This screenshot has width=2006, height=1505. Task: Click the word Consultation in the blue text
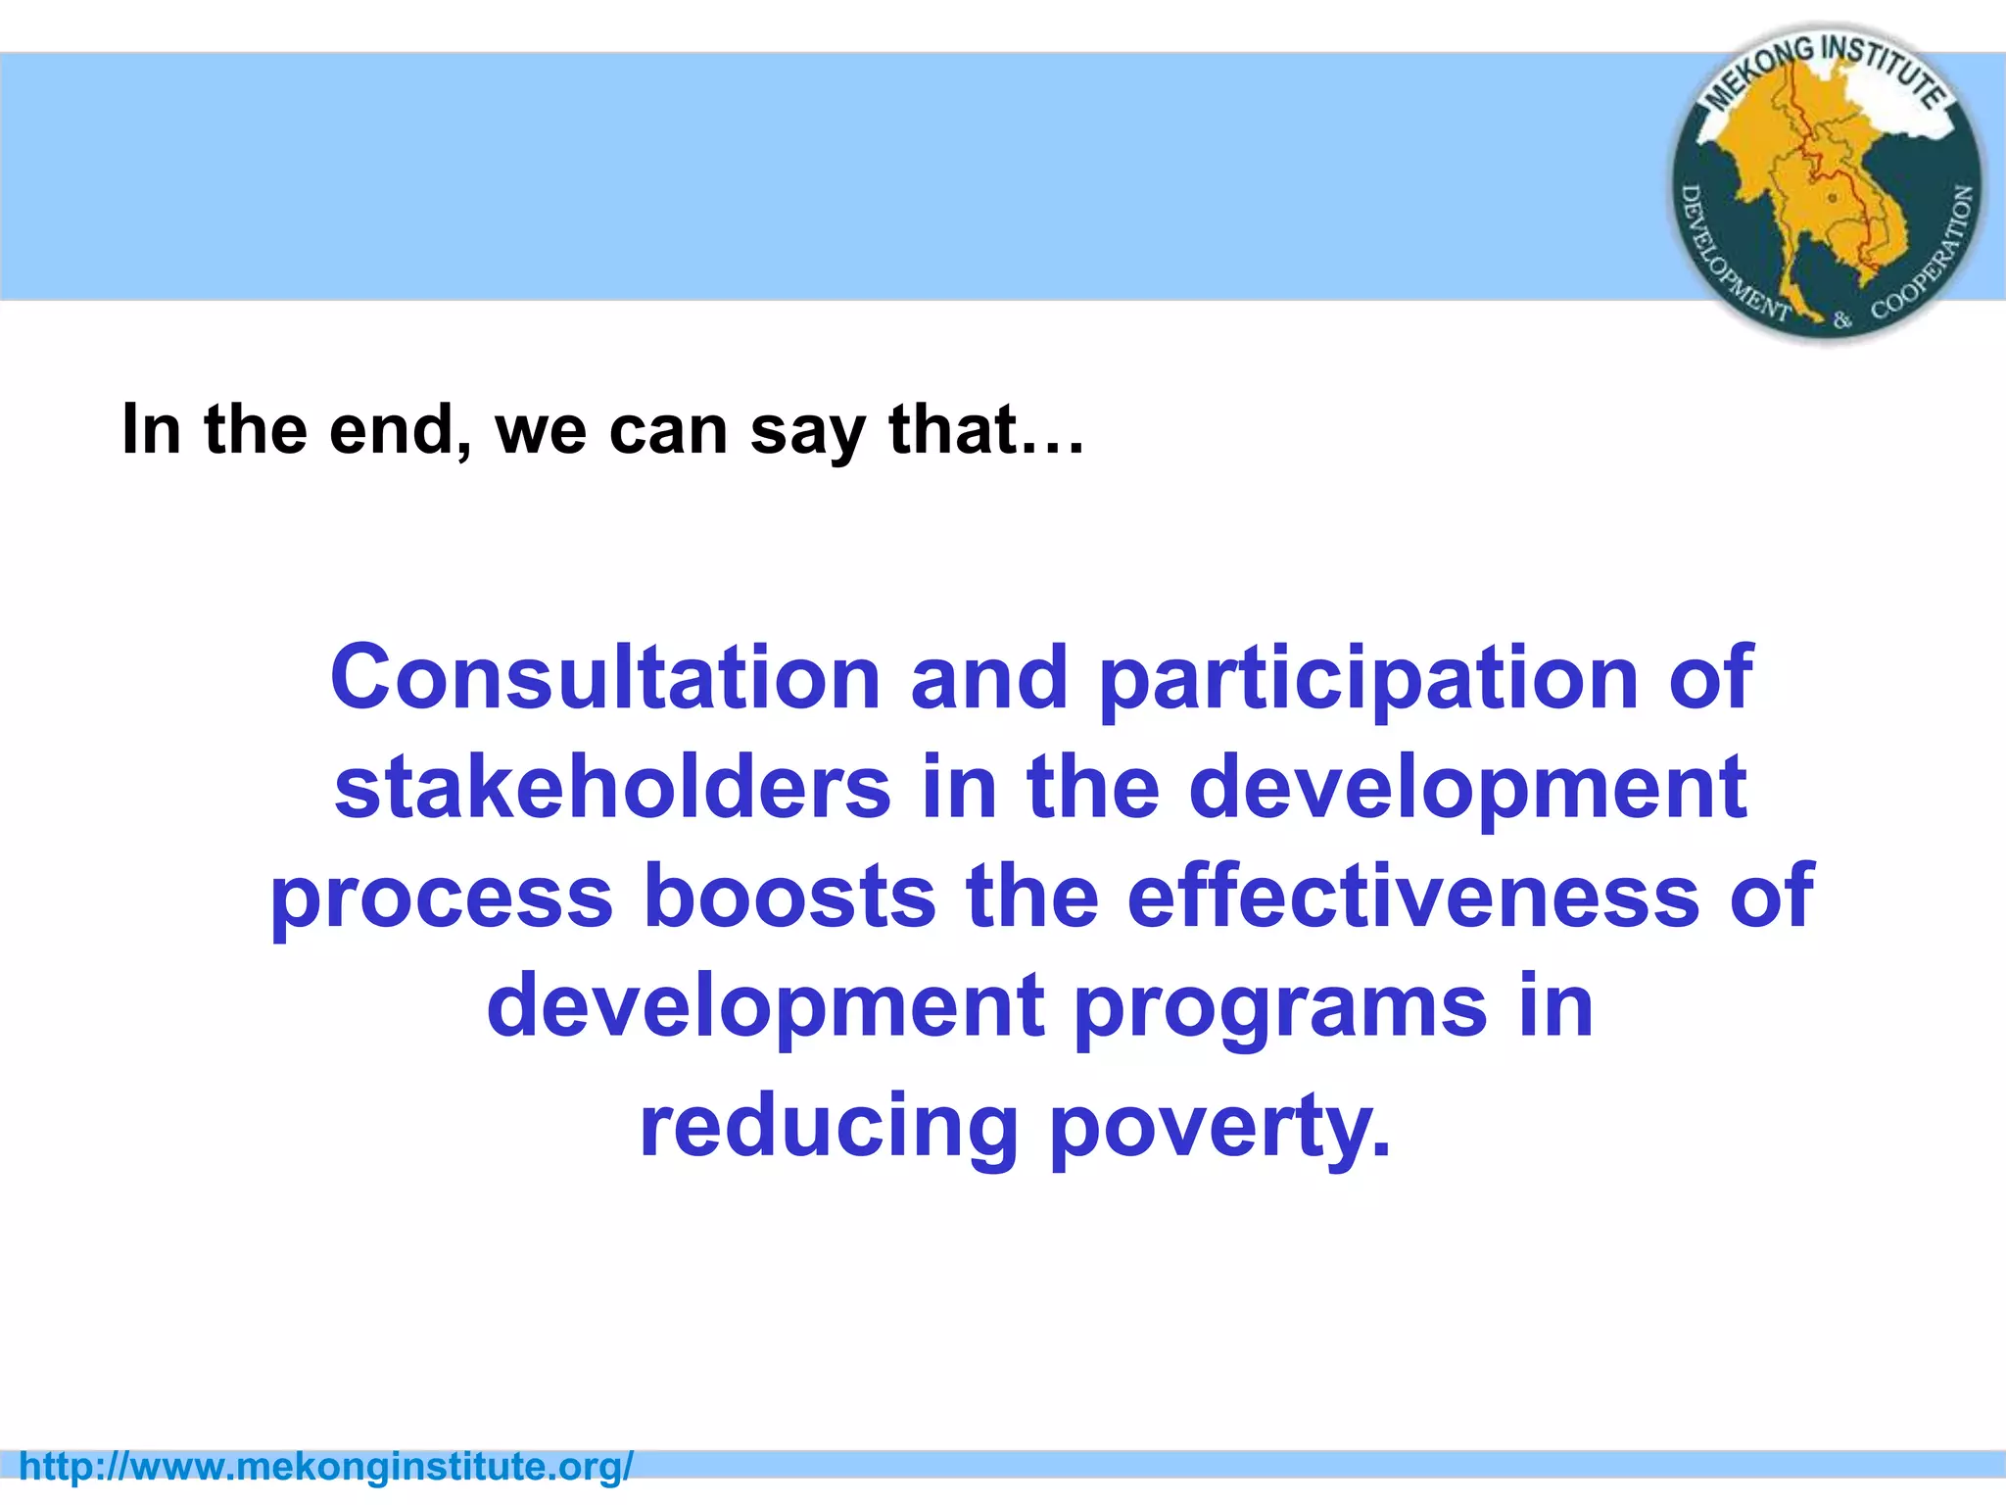click(604, 678)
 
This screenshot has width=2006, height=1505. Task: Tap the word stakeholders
click(612, 788)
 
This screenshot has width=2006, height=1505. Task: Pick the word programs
click(1279, 1009)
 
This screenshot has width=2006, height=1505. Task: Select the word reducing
click(829, 1129)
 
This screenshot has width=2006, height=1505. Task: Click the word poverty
click(1219, 1129)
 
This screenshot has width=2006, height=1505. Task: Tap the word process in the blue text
click(441, 899)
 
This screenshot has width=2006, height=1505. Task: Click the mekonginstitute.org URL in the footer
click(326, 1467)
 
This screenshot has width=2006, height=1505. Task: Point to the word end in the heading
click(399, 430)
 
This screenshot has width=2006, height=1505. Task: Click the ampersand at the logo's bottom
click(1842, 319)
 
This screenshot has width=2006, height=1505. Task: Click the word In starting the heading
click(151, 430)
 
